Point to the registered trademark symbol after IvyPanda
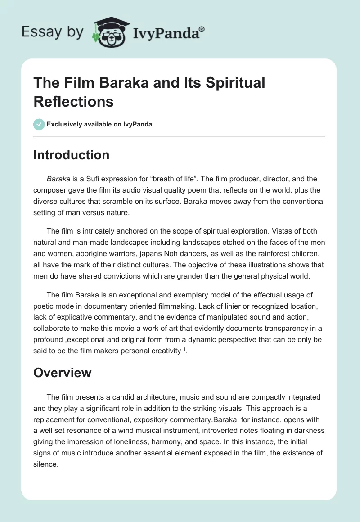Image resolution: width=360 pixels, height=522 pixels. coord(202,28)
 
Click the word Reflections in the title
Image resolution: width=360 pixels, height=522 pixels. coord(74,101)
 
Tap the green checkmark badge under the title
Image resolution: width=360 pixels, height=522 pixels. coord(39,124)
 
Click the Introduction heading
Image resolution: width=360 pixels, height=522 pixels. coord(72,155)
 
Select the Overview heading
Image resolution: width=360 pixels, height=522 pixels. coord(63,373)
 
